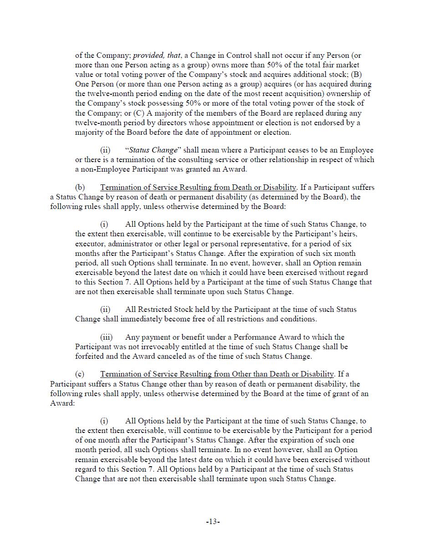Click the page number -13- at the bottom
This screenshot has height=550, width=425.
click(x=213, y=522)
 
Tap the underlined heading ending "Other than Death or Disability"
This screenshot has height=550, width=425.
click(x=217, y=374)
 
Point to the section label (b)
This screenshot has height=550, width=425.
click(x=80, y=188)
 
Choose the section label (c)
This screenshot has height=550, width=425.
click(x=80, y=374)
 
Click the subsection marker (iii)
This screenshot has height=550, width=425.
click(x=106, y=337)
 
